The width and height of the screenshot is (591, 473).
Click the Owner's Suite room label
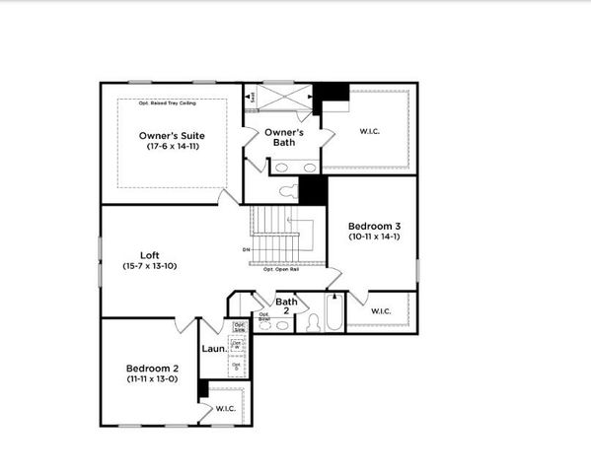click(172, 135)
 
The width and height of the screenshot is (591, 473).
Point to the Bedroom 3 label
click(374, 226)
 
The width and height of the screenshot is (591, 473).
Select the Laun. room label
click(214, 348)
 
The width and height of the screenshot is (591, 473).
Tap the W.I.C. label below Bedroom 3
click(381, 311)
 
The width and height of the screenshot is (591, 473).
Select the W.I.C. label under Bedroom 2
click(225, 408)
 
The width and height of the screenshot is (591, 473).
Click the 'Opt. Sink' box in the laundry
click(239, 326)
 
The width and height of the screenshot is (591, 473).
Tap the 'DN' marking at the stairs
click(246, 249)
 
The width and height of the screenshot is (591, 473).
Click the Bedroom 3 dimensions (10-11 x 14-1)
click(374, 236)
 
